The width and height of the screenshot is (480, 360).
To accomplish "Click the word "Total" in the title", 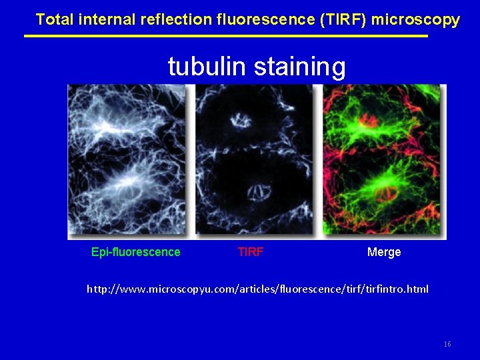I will pos(55,19).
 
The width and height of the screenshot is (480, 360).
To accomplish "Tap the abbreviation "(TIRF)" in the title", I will pos(343,19).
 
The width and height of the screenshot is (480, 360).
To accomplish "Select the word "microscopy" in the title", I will pos(415,19).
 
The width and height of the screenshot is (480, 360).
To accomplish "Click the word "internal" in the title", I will pos(107,19).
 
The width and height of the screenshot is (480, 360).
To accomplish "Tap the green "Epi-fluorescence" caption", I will pos(135,252).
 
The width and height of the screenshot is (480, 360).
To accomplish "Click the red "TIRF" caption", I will pos(251,252).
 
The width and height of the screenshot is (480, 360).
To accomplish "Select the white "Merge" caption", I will pos(384,252).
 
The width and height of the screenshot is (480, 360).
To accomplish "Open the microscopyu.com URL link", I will pos(258,289).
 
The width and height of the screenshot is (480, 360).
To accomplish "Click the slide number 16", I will pos(447,344).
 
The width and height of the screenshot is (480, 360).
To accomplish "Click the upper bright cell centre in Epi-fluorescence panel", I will pos(107,127).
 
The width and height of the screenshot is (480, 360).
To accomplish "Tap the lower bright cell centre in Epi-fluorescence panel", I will pos(127,180).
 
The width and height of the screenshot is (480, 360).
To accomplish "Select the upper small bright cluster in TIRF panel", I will pos(238,121).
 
